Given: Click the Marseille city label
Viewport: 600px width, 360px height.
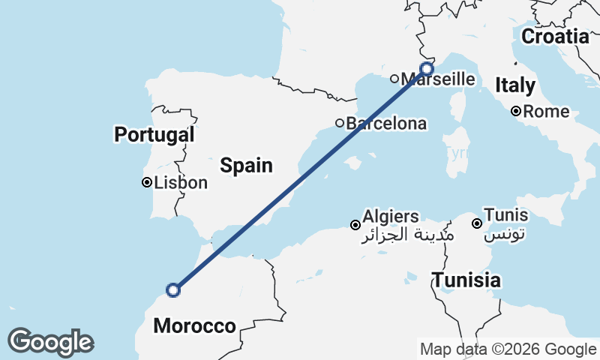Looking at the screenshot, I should tap(439, 79).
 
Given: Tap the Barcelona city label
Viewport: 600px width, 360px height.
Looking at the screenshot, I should tap(386, 124).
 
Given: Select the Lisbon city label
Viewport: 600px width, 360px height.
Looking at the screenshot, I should tap(181, 182).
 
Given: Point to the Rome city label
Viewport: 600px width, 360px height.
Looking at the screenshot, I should tap(547, 112).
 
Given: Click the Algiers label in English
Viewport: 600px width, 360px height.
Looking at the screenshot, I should tap(391, 217).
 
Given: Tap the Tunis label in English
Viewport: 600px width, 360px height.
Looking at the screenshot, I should tap(505, 216).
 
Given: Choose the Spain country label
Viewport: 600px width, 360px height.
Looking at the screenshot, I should tap(246, 166).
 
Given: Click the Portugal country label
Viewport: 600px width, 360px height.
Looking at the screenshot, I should tap(154, 135).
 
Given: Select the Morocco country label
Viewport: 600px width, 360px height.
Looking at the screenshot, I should tap(194, 326).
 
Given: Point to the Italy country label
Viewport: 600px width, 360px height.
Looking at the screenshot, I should tap(515, 85).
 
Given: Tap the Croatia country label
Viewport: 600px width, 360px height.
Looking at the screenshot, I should tap(556, 36).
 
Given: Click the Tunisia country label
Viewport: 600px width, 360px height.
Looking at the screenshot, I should tap(466, 280).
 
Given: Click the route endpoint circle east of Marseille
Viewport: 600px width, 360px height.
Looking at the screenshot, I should tap(427, 69).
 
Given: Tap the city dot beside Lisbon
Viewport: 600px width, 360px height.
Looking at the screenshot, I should tap(147, 182).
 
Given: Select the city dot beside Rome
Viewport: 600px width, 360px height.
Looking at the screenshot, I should tap(516, 112).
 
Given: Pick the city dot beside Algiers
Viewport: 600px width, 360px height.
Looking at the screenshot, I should tap(355, 224).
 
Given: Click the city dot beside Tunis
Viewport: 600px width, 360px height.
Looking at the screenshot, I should tap(476, 223).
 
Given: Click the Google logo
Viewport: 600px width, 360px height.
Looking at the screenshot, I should tap(50, 342).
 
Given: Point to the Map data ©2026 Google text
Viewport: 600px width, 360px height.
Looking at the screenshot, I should tap(508, 349).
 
